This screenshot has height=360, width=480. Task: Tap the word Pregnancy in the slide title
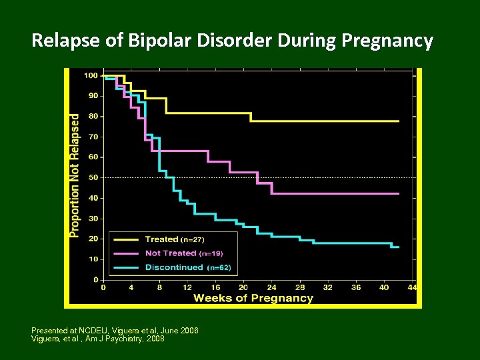tap(387, 41)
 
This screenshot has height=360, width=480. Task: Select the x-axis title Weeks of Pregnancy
tap(253, 298)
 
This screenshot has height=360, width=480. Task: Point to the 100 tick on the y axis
tap(91, 75)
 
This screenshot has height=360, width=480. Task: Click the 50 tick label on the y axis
tap(93, 177)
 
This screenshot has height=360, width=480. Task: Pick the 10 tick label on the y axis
tap(93, 259)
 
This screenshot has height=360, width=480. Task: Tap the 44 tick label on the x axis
tap(412, 287)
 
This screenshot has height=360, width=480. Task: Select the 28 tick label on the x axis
tap(299, 287)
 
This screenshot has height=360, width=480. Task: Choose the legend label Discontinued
tap(173, 267)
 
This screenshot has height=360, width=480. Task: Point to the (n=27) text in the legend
tap(193, 239)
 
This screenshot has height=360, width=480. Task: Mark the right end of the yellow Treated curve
tap(399, 121)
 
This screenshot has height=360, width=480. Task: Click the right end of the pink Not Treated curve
tap(399, 193)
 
